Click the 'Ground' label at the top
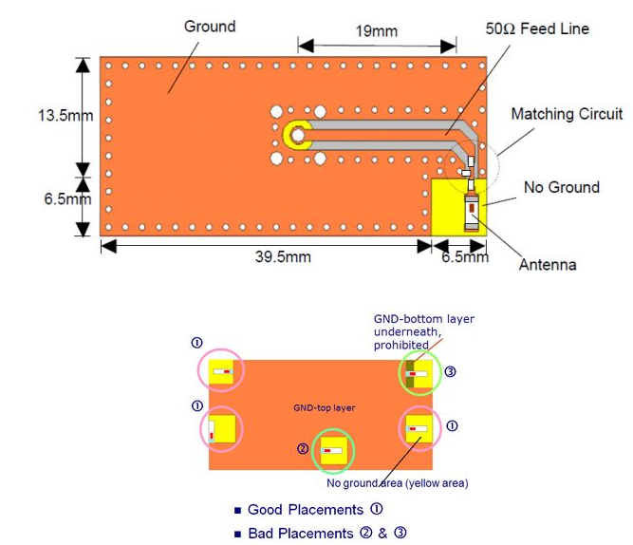(x=210, y=27)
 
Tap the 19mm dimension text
(x=376, y=31)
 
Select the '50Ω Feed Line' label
(x=537, y=28)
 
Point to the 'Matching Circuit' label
(x=567, y=114)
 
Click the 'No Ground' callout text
(x=562, y=187)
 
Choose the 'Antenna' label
(x=548, y=265)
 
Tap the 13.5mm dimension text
(x=65, y=116)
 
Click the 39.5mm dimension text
(x=283, y=257)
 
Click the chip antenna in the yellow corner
(x=471, y=213)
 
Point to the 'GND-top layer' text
(x=325, y=408)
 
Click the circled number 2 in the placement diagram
(x=303, y=448)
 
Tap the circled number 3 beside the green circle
(x=450, y=371)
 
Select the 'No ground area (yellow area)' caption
(x=398, y=483)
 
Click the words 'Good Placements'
(x=306, y=510)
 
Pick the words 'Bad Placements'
(x=300, y=534)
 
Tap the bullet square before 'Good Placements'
(x=238, y=511)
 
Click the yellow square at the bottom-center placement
(x=333, y=451)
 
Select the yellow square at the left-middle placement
(x=222, y=429)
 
